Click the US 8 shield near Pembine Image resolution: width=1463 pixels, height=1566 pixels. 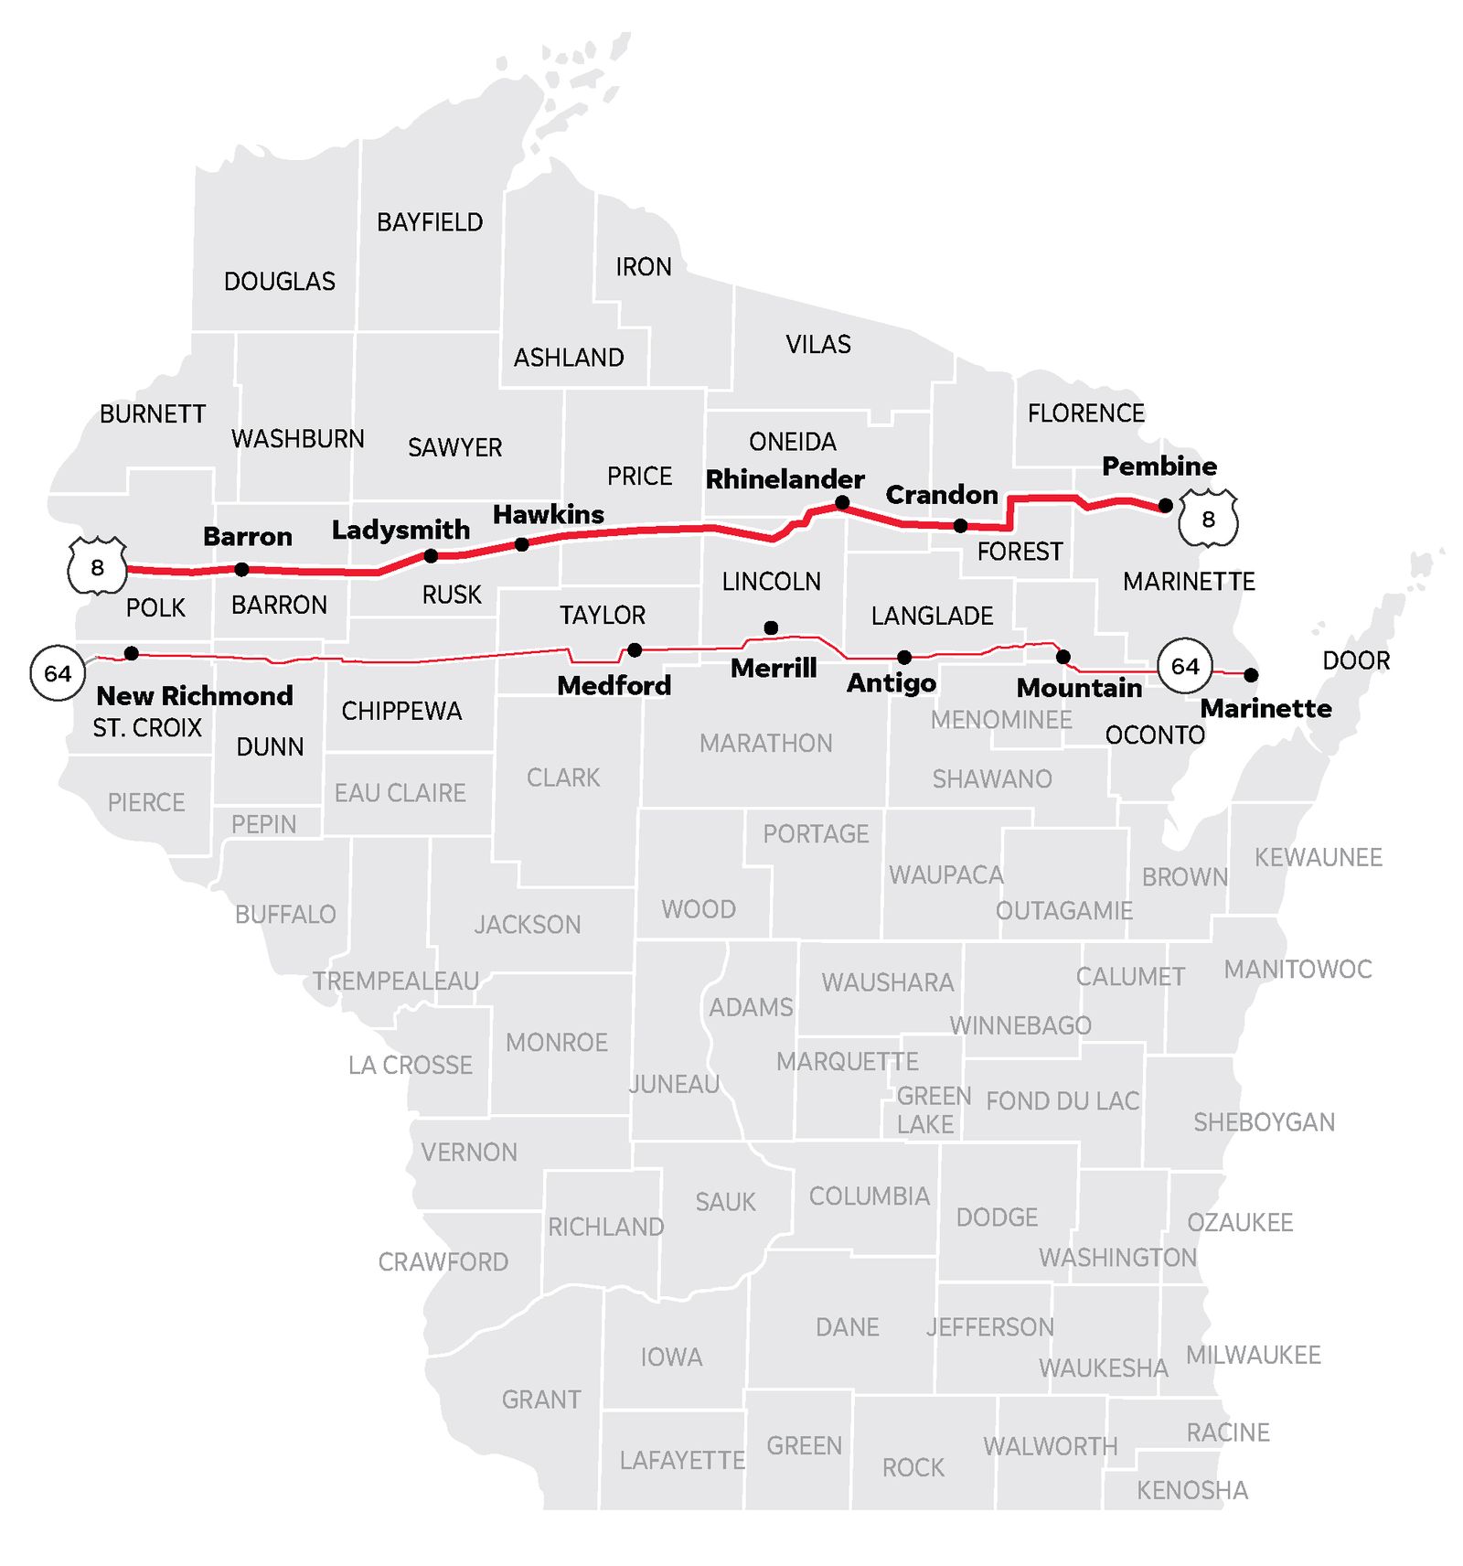(x=1208, y=519)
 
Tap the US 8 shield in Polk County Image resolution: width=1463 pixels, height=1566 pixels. (x=97, y=567)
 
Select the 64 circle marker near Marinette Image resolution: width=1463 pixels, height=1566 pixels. (x=1184, y=666)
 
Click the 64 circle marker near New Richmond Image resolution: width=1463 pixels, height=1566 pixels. (x=58, y=673)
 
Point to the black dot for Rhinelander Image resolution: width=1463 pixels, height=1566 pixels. (x=842, y=503)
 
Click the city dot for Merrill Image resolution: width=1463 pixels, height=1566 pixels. (x=771, y=627)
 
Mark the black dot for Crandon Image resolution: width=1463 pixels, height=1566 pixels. (x=960, y=526)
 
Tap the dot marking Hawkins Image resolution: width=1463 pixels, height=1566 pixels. (x=521, y=544)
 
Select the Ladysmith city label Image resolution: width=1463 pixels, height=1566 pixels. (x=400, y=530)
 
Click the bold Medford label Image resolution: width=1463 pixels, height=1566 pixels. (x=614, y=685)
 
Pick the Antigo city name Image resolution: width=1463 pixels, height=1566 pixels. (x=891, y=682)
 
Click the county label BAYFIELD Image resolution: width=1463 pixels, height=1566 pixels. (x=430, y=222)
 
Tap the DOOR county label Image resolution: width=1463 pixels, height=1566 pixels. (x=1356, y=660)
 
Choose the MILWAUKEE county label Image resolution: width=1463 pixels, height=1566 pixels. (x=1253, y=1355)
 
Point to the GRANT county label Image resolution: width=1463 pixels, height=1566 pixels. (x=541, y=1400)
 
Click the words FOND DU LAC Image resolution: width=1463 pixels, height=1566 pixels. (x=1063, y=1100)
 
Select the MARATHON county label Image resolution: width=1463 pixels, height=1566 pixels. (x=765, y=744)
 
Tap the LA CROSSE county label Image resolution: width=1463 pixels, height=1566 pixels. (x=410, y=1065)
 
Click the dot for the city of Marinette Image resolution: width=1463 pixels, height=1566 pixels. (x=1251, y=675)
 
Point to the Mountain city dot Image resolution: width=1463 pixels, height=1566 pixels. (x=1063, y=657)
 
